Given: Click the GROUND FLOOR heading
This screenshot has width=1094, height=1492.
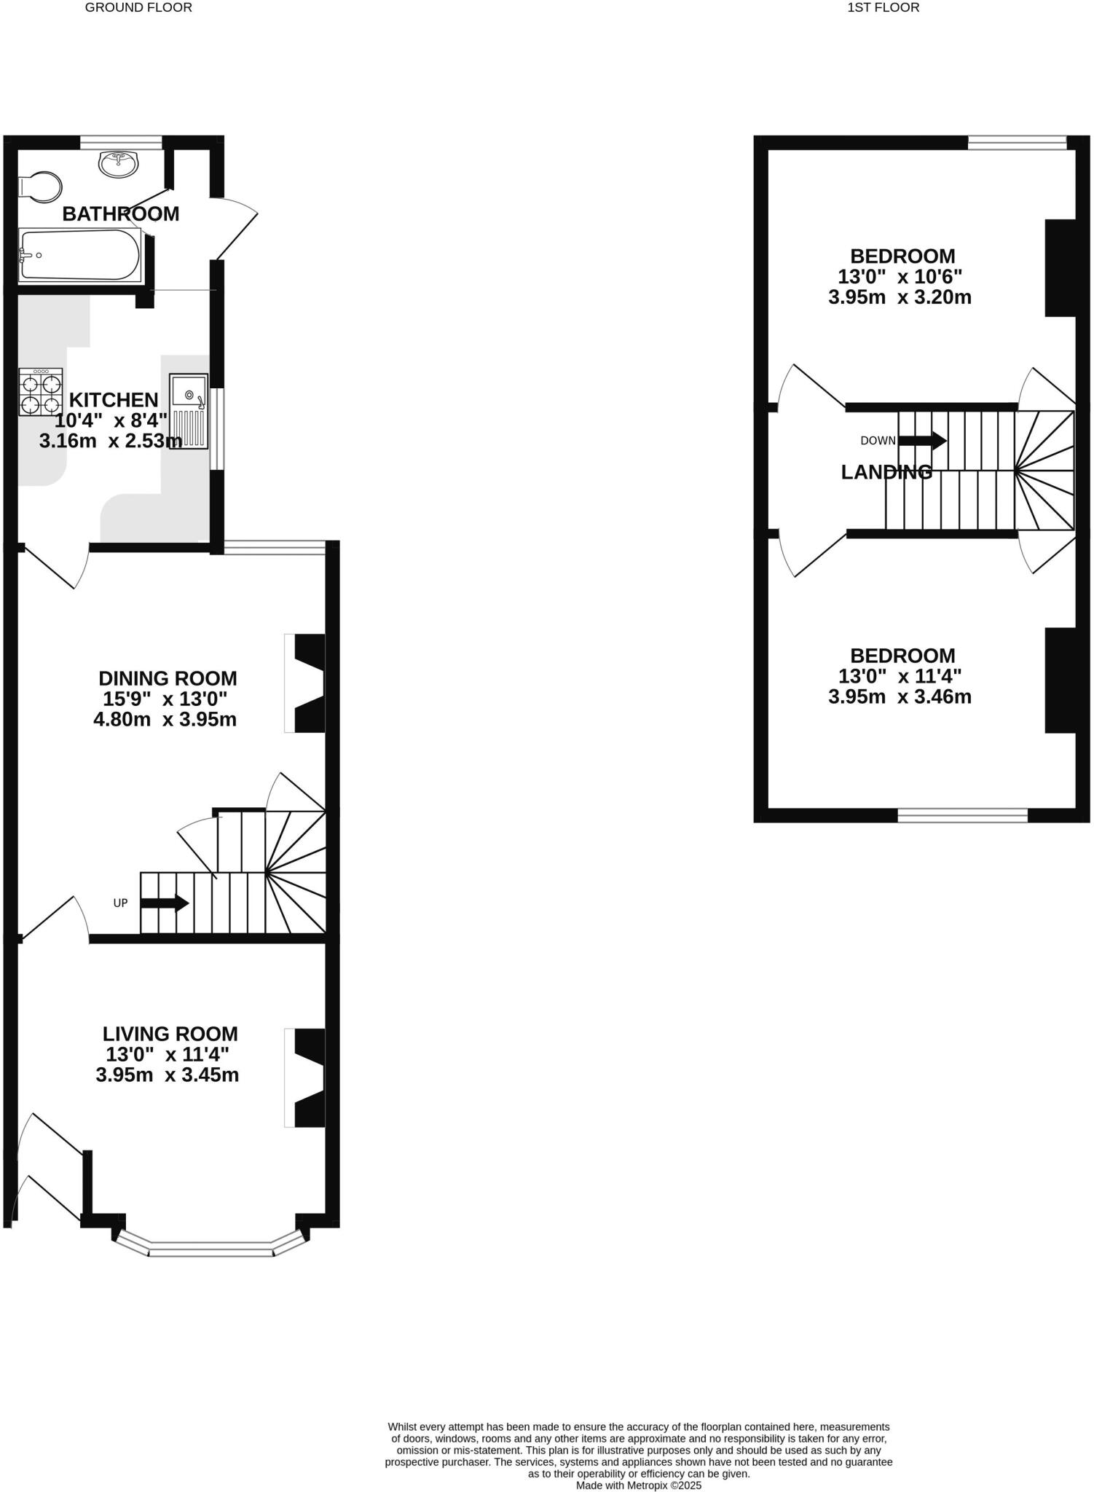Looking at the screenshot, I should click(x=138, y=8).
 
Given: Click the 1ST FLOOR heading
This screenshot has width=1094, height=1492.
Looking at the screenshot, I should click(x=883, y=8).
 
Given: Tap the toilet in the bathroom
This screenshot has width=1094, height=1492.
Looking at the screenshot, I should click(x=40, y=186).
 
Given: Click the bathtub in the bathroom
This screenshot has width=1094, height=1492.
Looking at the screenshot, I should click(x=79, y=254).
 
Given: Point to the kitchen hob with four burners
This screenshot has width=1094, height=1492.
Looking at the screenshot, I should click(x=41, y=392).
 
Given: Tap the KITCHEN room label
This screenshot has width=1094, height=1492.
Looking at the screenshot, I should click(x=114, y=400).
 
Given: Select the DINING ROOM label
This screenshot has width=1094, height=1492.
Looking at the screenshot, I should click(x=168, y=678).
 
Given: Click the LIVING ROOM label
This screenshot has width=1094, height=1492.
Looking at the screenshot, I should click(x=170, y=1034).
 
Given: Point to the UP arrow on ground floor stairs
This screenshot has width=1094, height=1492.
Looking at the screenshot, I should click(x=165, y=903).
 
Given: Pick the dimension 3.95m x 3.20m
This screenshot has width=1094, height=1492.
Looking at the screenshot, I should click(x=900, y=297).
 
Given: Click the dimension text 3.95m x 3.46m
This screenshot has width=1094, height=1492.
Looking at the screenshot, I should click(x=900, y=696).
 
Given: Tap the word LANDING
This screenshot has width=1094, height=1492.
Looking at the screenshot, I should click(x=886, y=472).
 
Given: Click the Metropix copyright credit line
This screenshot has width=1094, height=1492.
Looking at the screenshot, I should click(x=638, y=1485).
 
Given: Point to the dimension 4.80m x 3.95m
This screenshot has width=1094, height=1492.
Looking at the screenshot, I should click(x=165, y=720).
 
